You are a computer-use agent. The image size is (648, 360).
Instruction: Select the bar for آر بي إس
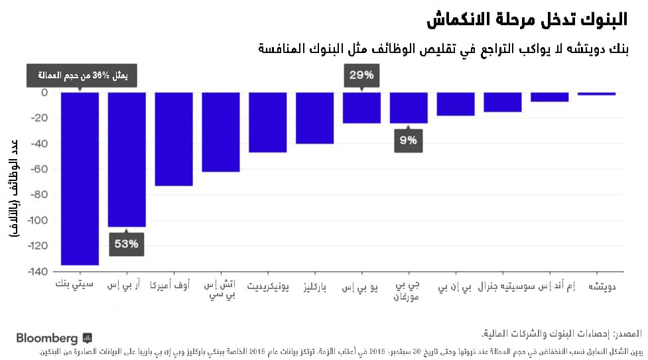click(127, 159)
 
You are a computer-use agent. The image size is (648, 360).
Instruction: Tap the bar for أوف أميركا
click(174, 139)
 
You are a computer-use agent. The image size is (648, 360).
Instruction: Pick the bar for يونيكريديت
click(268, 122)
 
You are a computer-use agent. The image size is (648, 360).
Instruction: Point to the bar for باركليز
click(315, 118)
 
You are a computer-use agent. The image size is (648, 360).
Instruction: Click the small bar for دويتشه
click(597, 93)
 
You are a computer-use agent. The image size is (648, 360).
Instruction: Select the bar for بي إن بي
click(456, 104)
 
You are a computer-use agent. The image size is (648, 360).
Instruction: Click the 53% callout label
click(126, 244)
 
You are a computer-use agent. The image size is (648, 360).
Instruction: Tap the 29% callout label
click(362, 75)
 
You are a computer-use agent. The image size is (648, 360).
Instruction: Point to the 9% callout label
click(409, 140)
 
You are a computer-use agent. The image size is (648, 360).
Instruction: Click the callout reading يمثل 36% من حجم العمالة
click(81, 76)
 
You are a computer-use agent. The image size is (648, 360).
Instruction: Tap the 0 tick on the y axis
click(44, 92)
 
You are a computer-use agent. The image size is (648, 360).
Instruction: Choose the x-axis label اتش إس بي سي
click(220, 291)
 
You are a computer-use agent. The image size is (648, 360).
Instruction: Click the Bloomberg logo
click(54, 338)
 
